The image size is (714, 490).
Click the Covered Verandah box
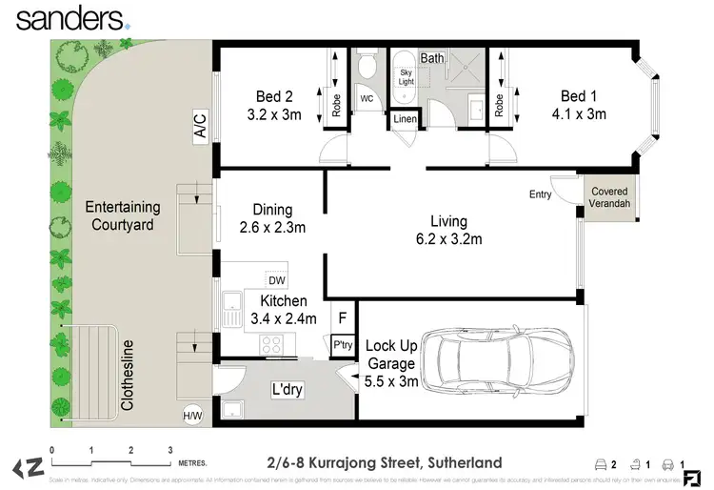(609, 198)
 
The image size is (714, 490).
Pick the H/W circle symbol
(193, 415)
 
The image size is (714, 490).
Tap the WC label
(367, 98)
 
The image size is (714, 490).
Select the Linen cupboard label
(405, 119)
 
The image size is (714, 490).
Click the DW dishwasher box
(276, 280)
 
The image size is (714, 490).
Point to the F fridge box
(342, 317)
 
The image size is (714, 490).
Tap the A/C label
(200, 127)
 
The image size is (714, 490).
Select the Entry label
(541, 194)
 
